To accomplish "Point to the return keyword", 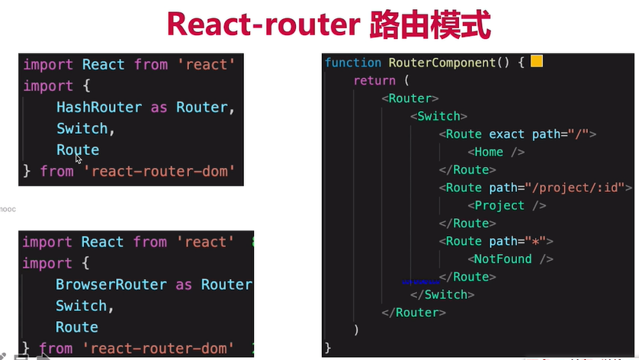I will click(374, 80).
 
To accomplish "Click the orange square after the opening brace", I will click(536, 61).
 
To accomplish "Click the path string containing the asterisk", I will click(538, 241).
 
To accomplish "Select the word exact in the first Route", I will click(507, 134).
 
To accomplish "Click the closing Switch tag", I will click(442, 294).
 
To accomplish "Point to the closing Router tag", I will click(413, 313).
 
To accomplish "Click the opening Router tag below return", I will click(410, 98).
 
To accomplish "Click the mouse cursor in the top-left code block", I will click(79, 159).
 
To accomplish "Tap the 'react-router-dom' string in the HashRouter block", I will click(160, 171).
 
